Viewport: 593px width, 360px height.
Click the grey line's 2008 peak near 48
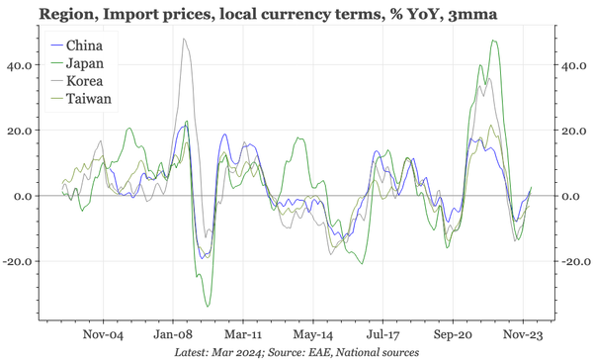click(x=184, y=39)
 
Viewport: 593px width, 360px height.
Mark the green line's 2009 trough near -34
click(x=208, y=306)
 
